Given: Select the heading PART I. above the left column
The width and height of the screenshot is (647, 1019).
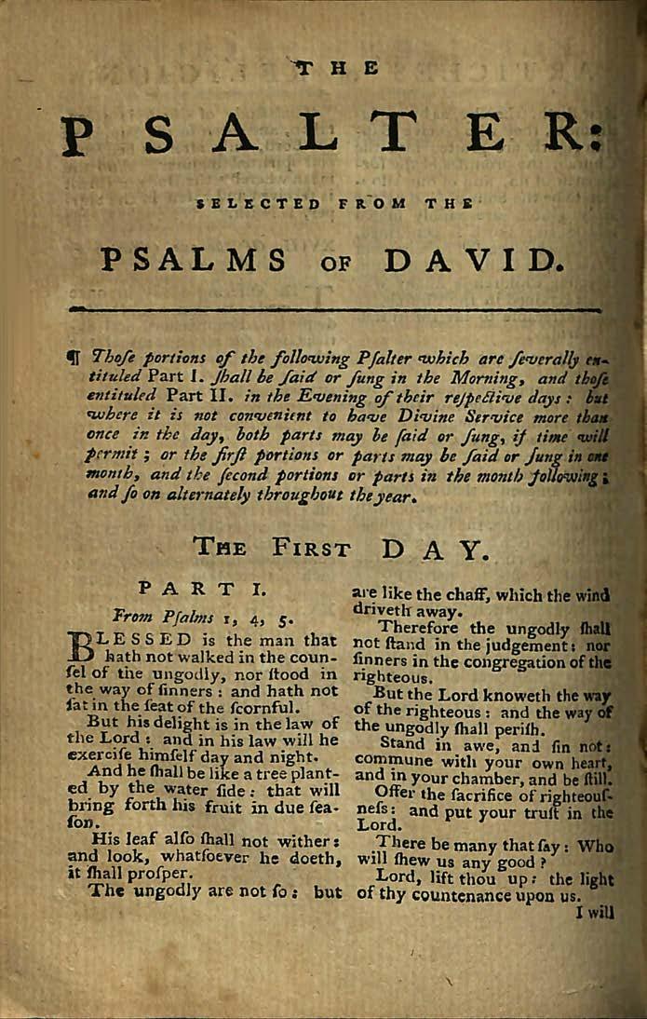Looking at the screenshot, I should point(202,589).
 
